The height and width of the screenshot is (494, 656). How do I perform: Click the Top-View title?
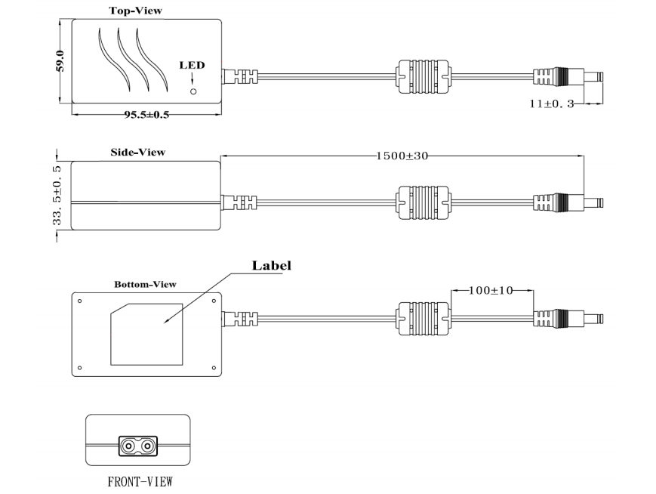(136, 11)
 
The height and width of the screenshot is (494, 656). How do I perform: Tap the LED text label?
(192, 65)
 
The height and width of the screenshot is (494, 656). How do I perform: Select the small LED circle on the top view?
(193, 91)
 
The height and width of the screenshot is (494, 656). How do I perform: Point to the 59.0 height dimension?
(60, 61)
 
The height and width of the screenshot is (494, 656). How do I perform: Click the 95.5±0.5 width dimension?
(146, 115)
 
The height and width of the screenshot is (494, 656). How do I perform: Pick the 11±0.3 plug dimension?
(552, 103)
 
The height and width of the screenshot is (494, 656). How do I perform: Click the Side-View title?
(137, 153)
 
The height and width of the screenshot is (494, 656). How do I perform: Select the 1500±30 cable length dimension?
(402, 156)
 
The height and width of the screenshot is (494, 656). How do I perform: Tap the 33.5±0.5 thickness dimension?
(57, 196)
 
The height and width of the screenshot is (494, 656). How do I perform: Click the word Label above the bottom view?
(271, 265)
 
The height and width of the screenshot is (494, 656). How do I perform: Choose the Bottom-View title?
(145, 285)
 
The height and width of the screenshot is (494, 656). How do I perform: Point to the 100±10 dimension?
(491, 290)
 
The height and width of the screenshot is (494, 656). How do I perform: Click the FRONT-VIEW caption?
(140, 482)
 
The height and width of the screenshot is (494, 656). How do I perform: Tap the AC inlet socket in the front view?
(138, 446)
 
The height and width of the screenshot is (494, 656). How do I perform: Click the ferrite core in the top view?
(423, 77)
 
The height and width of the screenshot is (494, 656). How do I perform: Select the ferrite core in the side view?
(423, 203)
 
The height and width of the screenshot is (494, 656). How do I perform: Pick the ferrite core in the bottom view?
(423, 319)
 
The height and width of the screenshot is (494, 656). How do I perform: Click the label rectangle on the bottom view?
(146, 334)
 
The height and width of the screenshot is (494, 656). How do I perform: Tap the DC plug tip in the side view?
(593, 203)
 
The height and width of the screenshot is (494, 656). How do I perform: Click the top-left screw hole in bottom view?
(80, 301)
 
